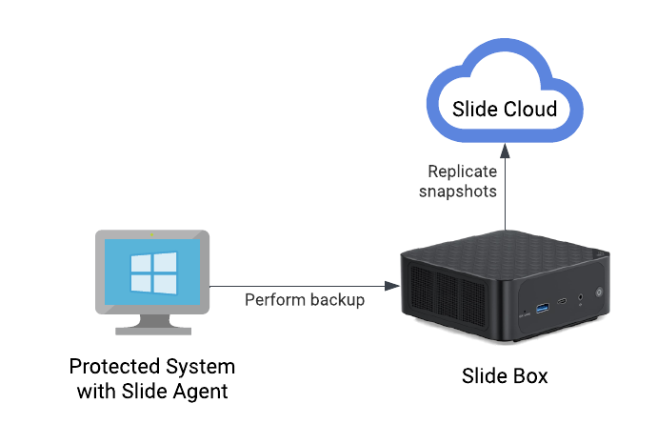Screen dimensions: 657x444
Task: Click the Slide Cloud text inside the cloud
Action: [x=505, y=109]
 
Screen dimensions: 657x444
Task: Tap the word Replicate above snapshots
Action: [x=462, y=172]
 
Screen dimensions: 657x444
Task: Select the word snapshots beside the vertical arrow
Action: [x=458, y=192]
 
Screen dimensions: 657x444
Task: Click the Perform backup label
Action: [x=305, y=300]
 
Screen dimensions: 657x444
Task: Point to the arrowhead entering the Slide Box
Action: [x=391, y=286]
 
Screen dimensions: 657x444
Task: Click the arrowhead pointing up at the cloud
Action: [x=506, y=151]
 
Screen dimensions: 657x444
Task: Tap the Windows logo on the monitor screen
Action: [x=153, y=272]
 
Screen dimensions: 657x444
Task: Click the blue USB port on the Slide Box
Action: [x=543, y=308]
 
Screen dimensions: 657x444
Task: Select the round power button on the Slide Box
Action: [x=599, y=293]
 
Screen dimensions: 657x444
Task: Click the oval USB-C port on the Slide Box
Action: [x=562, y=301]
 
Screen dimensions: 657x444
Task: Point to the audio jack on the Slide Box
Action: [x=580, y=297]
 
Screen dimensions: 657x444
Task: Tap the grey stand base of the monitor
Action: [x=153, y=331]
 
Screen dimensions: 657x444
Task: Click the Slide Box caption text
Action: [x=505, y=376]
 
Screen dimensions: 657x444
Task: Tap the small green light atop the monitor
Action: [x=151, y=234]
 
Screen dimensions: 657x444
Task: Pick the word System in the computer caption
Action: [x=200, y=367]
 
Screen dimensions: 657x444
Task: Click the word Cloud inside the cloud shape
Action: [x=530, y=109]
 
